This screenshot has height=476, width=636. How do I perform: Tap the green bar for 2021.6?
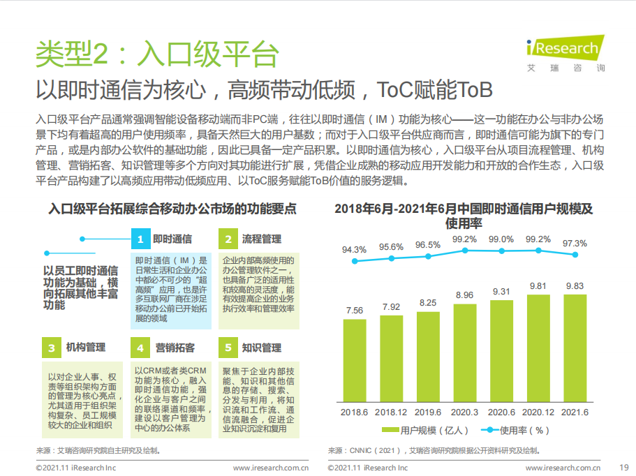tap(575, 348)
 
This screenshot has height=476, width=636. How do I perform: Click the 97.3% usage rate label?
tap(575, 243)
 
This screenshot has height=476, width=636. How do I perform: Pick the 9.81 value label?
tap(538, 286)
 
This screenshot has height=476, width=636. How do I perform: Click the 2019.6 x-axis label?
tap(428, 412)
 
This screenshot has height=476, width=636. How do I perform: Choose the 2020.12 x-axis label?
tap(538, 412)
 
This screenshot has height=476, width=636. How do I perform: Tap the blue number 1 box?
tap(140, 239)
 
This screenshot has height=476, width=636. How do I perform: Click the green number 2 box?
tap(228, 239)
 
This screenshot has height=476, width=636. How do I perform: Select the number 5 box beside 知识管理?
tap(228, 348)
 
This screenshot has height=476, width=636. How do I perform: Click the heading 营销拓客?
tap(175, 348)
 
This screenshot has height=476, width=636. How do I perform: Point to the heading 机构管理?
tap(86, 348)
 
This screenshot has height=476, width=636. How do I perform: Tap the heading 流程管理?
tap(262, 239)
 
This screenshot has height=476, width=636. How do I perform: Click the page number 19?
tap(624, 467)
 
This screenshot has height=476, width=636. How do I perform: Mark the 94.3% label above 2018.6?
tap(355, 249)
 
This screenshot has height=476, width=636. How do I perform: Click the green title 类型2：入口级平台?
tap(158, 54)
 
